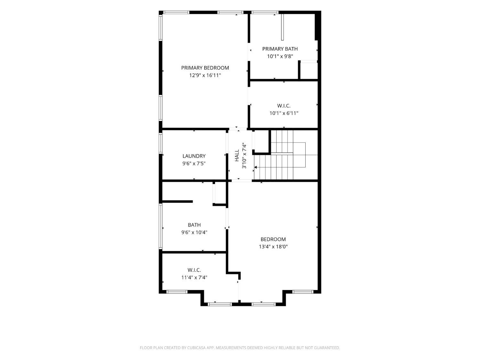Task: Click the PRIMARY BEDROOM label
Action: tap(205, 68)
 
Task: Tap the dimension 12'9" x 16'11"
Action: tap(205, 76)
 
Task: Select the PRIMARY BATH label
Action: tap(280, 49)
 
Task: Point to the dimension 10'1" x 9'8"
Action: tap(280, 56)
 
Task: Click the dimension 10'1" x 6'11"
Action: tap(284, 113)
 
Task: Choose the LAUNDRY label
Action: tap(194, 156)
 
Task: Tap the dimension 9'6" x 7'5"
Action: tap(194, 164)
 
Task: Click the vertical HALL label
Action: tap(237, 156)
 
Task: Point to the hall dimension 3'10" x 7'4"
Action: tap(244, 156)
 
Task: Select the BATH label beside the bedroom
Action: tap(194, 225)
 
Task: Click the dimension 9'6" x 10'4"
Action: tap(194, 232)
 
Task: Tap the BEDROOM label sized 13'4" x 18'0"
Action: tap(273, 239)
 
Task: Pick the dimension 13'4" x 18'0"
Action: tap(273, 247)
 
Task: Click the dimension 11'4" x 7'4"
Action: tap(194, 277)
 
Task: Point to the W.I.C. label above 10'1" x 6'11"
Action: tap(284, 106)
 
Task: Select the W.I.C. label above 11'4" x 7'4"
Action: tap(194, 270)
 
